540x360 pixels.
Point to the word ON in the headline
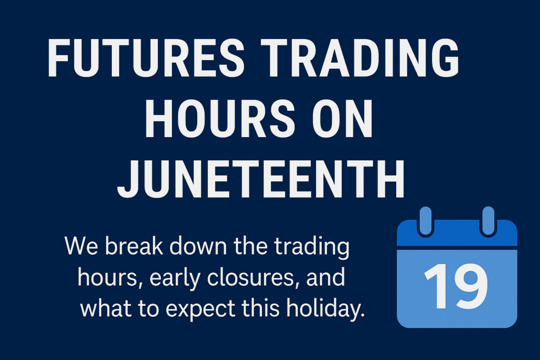click(x=342, y=118)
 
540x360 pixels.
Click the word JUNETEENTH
click(x=261, y=179)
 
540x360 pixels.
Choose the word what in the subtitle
click(x=105, y=308)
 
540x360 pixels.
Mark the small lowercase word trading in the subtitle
click(x=312, y=247)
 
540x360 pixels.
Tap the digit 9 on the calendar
click(x=470, y=286)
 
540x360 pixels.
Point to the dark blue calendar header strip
click(x=457, y=233)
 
